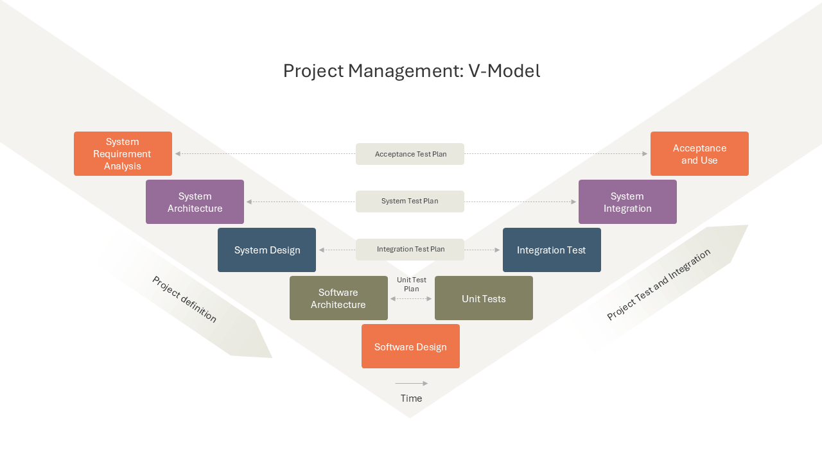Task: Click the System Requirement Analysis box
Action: coord(123,153)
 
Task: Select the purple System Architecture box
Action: coord(195,201)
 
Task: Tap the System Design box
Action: coord(267,250)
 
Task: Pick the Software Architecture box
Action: coord(338,298)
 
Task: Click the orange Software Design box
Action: coord(410,346)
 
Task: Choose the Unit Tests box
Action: coord(484,298)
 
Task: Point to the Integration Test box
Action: coord(552,250)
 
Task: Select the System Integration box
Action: coord(627,201)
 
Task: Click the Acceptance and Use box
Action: coord(699,153)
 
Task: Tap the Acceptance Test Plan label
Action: coord(410,154)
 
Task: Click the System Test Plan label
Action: coord(410,201)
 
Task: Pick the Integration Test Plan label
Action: coord(410,250)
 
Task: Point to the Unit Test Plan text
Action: coord(412,284)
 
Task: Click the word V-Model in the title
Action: coord(504,71)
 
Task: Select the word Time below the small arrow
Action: coord(412,398)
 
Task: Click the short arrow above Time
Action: coord(412,384)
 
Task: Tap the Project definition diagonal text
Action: coord(184,299)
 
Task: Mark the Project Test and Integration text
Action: coord(659,284)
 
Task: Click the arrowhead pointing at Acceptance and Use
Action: coord(645,153)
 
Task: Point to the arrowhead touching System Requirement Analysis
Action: coord(178,153)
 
